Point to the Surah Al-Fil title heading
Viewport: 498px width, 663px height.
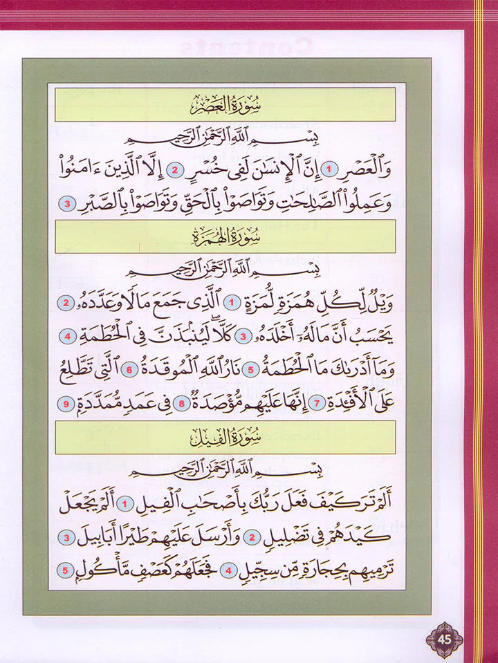click(225, 438)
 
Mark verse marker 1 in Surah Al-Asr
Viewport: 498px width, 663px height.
click(331, 169)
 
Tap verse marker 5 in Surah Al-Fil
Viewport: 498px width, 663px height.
click(64, 571)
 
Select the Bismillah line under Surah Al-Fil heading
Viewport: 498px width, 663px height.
click(225, 469)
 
